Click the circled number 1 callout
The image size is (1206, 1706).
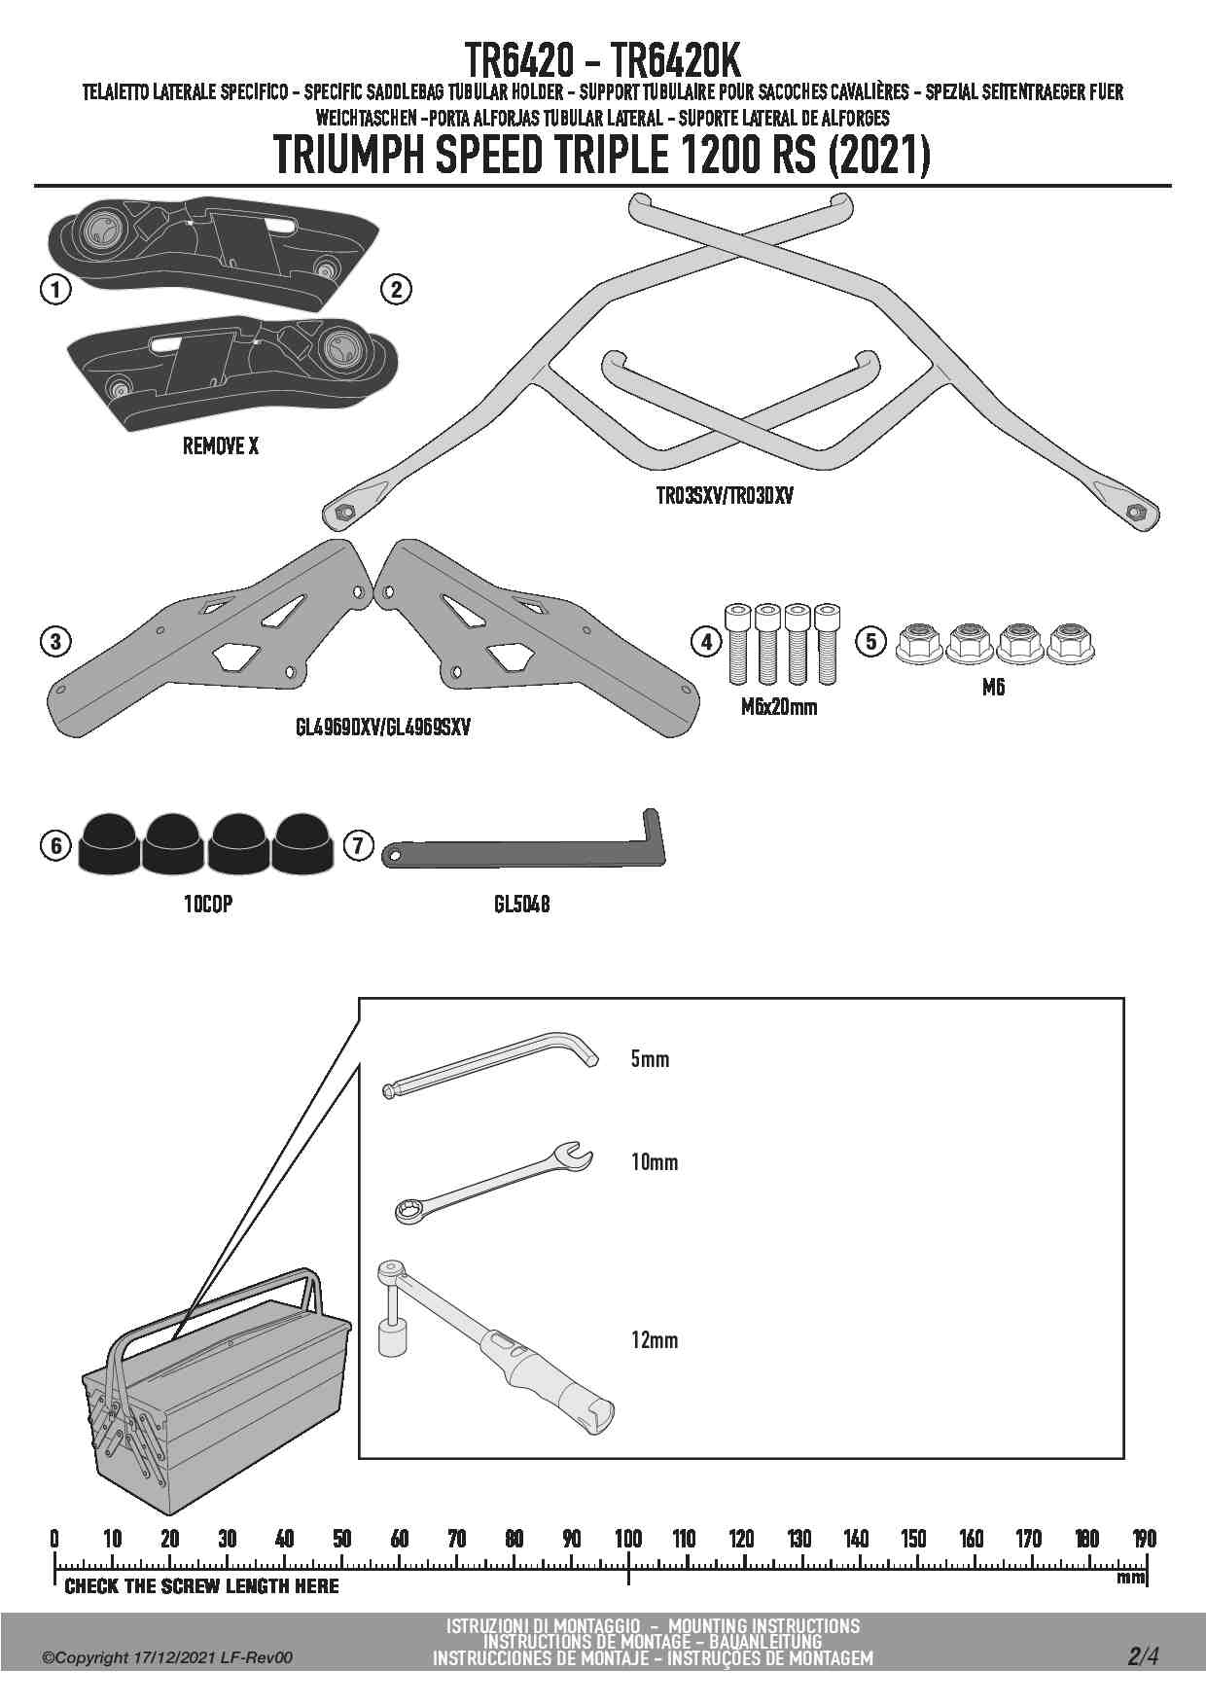pos(56,289)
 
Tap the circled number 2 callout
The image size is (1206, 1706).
pos(396,289)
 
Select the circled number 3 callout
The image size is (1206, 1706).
pos(56,641)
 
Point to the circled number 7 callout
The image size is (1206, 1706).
pos(358,845)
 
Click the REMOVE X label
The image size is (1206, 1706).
pos(221,446)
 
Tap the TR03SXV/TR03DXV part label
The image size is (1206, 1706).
pos(725,496)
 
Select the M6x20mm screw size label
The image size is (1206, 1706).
pos(779,707)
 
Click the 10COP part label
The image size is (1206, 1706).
pos(208,905)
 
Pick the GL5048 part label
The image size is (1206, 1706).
pos(521,905)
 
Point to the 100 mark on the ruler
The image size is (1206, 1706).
pos(628,1539)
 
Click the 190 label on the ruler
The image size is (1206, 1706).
pos(1144,1539)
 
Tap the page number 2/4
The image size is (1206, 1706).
pos(1143,1656)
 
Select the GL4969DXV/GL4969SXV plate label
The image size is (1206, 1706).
pos(383,727)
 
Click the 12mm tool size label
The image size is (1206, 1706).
pos(655,1340)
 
